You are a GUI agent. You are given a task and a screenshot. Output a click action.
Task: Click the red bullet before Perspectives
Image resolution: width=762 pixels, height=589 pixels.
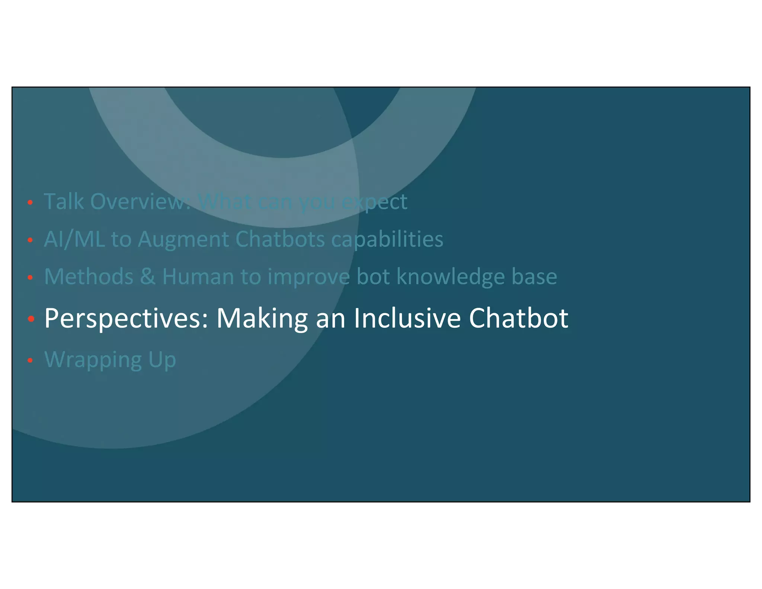pos(31,319)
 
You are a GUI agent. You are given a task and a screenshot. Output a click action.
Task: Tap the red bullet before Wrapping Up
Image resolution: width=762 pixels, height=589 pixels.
pos(31,360)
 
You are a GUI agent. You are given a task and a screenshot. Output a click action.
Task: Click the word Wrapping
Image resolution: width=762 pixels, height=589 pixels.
pos(93,360)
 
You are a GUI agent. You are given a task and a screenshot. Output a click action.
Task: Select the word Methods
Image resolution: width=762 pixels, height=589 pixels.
pos(89,277)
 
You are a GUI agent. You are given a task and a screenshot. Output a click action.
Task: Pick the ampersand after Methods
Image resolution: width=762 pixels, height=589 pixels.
pos(148,277)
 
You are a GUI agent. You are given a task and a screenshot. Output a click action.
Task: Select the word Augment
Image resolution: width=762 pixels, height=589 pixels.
pos(183,240)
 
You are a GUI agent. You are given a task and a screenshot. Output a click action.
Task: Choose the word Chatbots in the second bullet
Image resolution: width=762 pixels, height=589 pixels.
pos(280,239)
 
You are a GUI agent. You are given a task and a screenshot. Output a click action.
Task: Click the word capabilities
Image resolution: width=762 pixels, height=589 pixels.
pos(387,240)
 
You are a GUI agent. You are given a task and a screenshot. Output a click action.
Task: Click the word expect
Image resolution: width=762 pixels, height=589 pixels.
pos(374,202)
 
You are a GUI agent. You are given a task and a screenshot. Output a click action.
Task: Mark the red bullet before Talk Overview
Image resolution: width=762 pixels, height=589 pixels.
pos(31,203)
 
